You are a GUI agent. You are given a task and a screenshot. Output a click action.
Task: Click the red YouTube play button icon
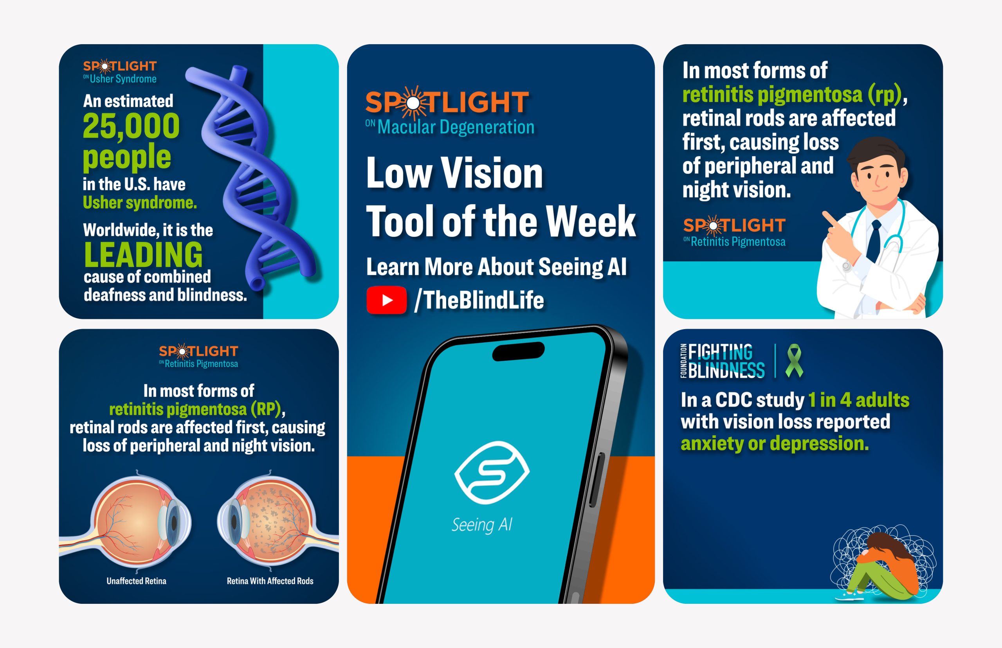click(386, 300)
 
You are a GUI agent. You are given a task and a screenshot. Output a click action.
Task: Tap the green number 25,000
click(131, 126)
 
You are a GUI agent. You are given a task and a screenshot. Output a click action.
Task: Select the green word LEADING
click(143, 254)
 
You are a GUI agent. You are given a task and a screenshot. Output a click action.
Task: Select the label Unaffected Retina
click(136, 581)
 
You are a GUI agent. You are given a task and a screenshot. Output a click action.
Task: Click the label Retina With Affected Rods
click(270, 581)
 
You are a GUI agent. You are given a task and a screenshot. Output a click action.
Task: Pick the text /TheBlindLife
click(479, 300)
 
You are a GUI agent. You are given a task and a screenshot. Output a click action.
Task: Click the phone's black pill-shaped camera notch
click(519, 351)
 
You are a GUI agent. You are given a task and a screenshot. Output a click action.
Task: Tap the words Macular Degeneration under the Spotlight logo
click(456, 127)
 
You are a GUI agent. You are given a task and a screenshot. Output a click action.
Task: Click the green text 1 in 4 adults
click(858, 400)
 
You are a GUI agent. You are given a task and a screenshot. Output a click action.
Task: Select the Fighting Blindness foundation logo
click(723, 361)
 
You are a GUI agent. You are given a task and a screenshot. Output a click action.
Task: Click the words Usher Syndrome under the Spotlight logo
click(123, 79)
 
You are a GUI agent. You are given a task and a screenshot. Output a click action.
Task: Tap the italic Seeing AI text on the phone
click(481, 525)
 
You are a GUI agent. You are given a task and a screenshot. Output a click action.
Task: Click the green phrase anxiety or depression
click(775, 443)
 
